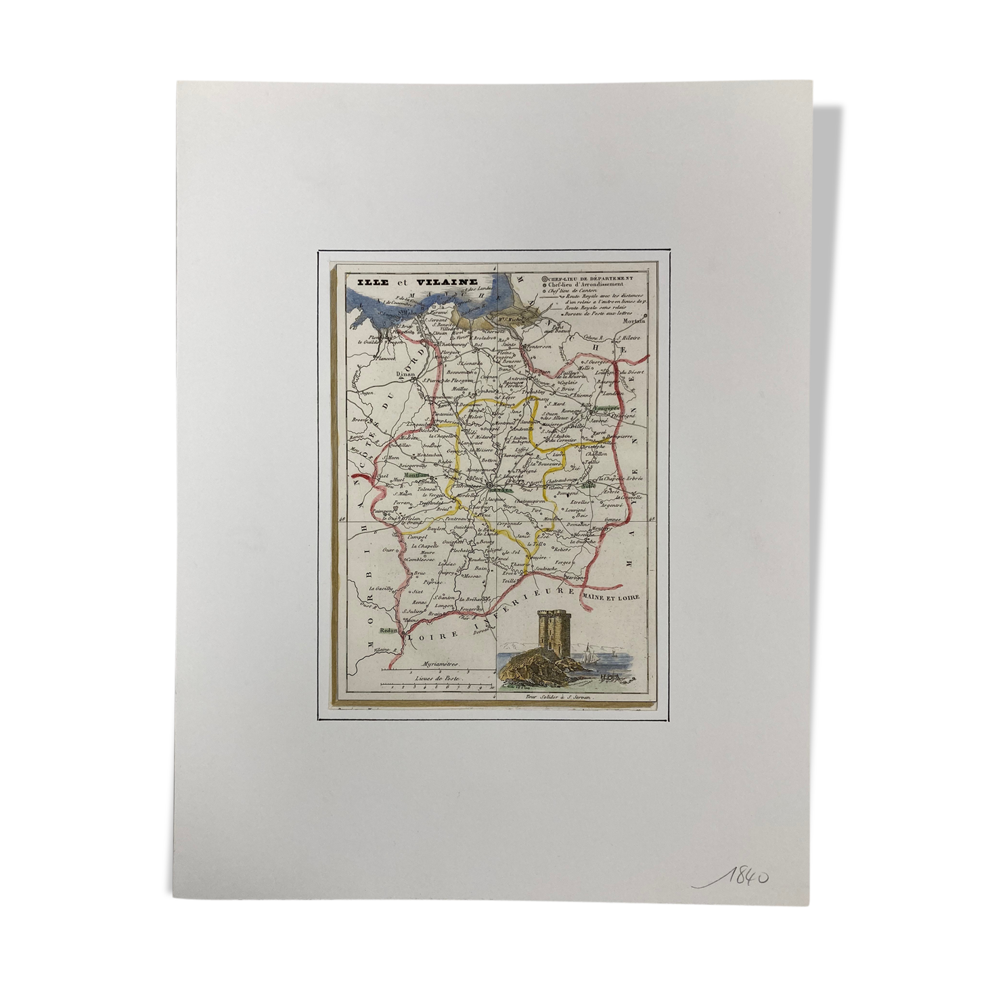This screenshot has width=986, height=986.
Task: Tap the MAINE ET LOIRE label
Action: tap(610, 596)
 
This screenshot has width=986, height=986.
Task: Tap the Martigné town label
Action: tap(575, 576)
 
